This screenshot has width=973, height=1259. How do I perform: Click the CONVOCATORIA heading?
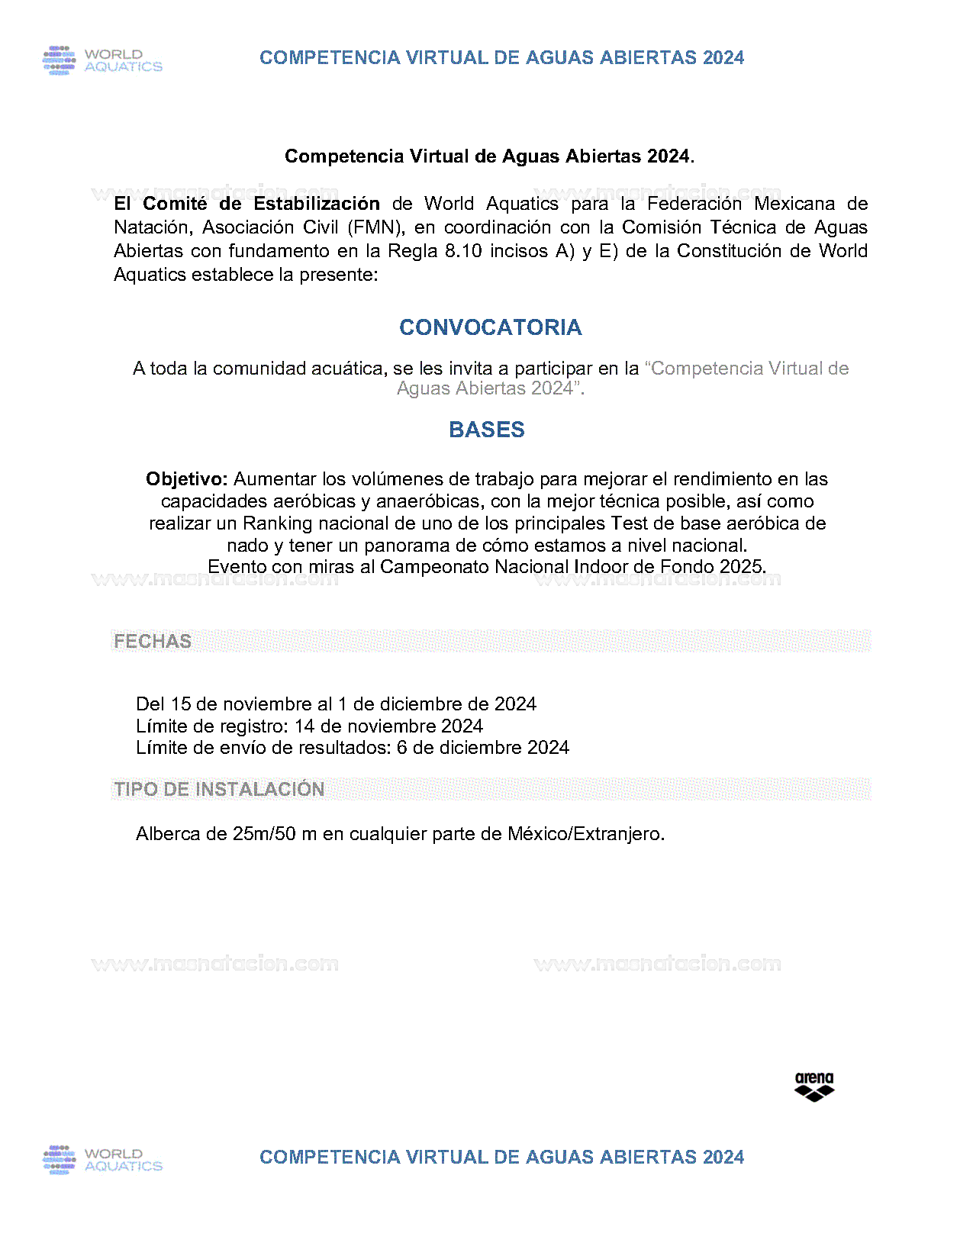click(x=490, y=327)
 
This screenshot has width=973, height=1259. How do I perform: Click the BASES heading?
click(x=487, y=430)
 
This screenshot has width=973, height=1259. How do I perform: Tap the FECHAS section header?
click(x=153, y=641)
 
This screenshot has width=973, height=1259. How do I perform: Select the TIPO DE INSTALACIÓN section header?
click(x=219, y=789)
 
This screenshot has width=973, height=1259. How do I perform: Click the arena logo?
click(x=814, y=1087)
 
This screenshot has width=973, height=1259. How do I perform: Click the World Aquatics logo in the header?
click(x=102, y=60)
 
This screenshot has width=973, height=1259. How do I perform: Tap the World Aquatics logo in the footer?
click(x=102, y=1160)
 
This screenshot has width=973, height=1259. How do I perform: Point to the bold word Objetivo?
click(x=187, y=479)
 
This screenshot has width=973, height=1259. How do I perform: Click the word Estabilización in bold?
click(x=317, y=204)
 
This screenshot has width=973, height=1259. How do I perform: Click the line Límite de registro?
click(x=309, y=726)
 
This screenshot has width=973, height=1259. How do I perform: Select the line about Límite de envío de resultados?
click(x=352, y=748)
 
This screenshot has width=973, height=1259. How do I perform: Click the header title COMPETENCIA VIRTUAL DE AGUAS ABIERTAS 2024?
click(x=501, y=58)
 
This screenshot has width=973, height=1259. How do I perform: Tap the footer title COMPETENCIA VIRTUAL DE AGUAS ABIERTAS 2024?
click(x=501, y=1158)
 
